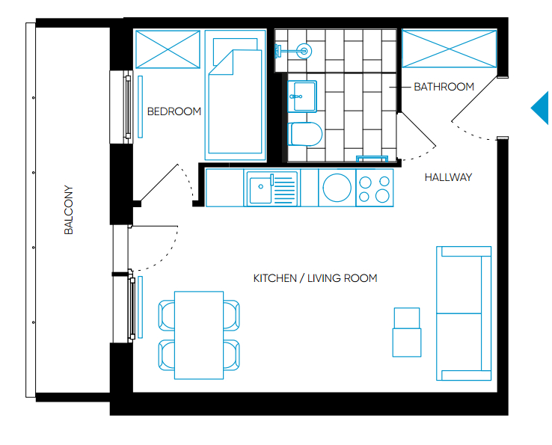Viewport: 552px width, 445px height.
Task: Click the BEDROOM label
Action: pos(174,111)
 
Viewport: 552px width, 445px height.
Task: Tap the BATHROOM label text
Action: pos(444,87)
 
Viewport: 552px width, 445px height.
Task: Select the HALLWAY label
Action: pos(448,177)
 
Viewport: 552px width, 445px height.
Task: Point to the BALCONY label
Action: pos(69,210)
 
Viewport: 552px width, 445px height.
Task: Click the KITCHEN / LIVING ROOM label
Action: pos(315,278)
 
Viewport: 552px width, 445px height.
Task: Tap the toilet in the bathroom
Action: pos(305,134)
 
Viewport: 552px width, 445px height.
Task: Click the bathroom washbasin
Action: pos(302,96)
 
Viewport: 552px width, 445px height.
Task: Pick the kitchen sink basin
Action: pos(260,190)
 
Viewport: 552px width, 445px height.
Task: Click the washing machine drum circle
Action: pos(337,188)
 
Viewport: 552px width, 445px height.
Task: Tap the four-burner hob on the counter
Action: pos(375,188)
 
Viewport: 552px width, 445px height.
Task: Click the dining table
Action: pos(199,335)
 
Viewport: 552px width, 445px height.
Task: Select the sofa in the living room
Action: pos(464,313)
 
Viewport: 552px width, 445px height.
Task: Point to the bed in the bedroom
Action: pos(235,95)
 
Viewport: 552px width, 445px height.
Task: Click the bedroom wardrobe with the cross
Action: pos(168,49)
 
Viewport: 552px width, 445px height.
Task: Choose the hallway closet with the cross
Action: pos(450,49)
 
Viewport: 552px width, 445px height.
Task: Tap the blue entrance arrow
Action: pos(540,108)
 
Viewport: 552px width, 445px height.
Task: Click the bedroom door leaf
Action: pos(159,182)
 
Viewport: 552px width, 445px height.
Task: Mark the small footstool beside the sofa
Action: pos(407,332)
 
